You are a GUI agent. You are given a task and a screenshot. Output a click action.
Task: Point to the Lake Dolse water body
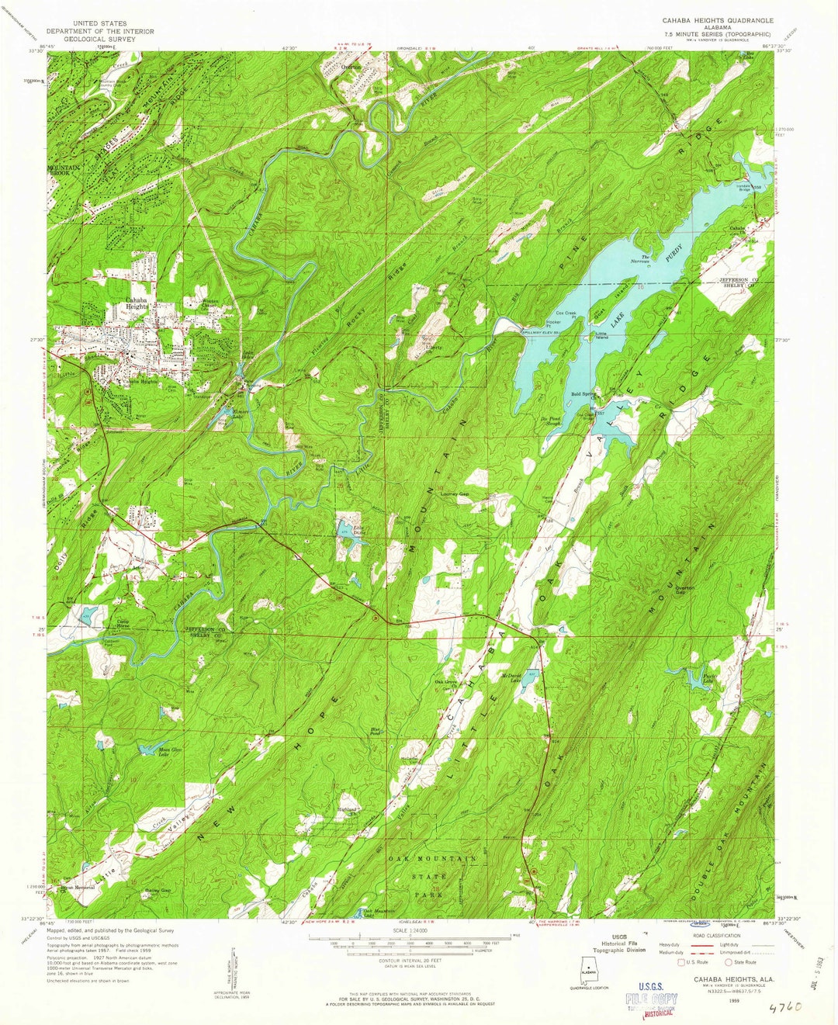tap(342, 530)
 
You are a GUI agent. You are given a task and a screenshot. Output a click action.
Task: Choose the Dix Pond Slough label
tap(550, 420)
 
